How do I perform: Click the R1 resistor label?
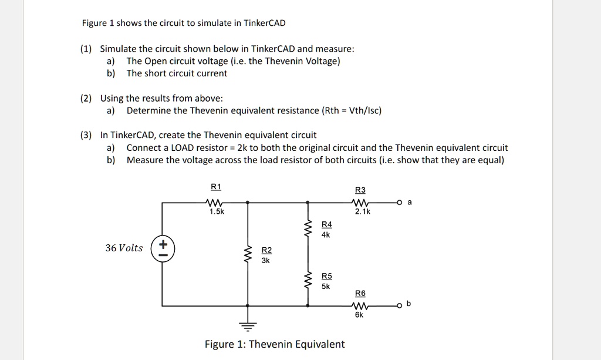(x=216, y=187)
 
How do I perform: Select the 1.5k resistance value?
(x=217, y=211)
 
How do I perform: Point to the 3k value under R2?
(x=266, y=260)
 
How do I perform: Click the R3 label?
(x=360, y=190)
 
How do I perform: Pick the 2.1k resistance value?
(x=362, y=211)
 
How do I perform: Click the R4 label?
(x=327, y=224)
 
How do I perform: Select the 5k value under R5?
(x=326, y=287)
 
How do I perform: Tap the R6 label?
(x=360, y=293)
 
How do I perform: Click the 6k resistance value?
(x=359, y=315)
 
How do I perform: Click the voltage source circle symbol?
(x=163, y=248)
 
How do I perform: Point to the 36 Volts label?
(x=124, y=248)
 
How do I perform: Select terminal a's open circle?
(x=400, y=202)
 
